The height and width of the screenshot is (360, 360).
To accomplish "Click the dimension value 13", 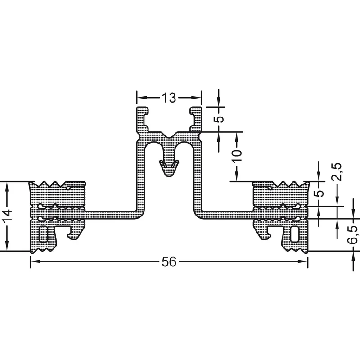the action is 169,98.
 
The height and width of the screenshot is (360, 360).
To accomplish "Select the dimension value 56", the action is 169,261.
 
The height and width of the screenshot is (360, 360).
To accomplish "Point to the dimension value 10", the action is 238,156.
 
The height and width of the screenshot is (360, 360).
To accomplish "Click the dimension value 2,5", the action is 337,172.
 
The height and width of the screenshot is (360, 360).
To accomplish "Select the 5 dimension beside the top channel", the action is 220,119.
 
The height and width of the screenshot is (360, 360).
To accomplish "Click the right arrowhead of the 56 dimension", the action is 302,261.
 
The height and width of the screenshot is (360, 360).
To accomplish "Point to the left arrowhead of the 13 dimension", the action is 142,98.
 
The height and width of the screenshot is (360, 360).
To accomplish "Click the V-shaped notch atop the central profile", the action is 169,135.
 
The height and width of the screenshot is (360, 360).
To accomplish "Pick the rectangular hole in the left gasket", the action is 43,234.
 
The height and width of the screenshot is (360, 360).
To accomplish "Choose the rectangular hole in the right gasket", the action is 295,234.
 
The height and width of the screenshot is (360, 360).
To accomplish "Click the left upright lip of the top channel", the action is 142,119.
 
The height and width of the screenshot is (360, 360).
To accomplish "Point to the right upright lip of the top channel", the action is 196,119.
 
